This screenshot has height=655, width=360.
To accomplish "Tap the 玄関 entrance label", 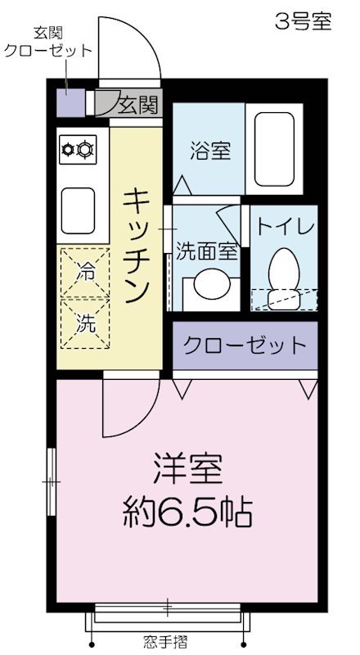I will pos(137,105).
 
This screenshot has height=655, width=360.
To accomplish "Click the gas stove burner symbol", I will pos(77,149).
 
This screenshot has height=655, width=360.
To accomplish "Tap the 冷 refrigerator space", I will pos(85,273).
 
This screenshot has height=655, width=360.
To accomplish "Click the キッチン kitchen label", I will pos(136,245).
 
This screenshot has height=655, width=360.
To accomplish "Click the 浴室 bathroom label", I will pos(209,151).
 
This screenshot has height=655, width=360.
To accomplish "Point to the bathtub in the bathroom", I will pos(273,148).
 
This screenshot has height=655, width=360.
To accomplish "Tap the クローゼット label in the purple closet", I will pos(244,345).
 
